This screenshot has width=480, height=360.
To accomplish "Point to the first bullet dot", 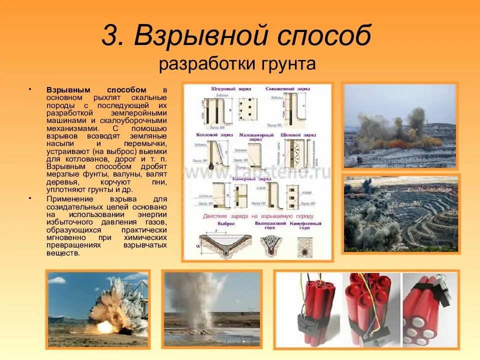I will (30, 89).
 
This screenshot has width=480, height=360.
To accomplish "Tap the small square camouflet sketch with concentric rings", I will (307, 246).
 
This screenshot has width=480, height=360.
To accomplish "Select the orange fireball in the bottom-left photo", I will (105, 326).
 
